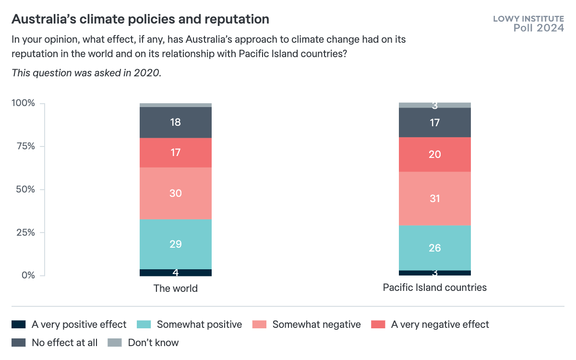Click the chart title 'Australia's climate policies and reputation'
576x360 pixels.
pyautogui.click(x=140, y=19)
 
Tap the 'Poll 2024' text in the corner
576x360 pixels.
pyautogui.click(x=539, y=28)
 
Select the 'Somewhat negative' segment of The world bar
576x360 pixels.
pyautogui.click(x=176, y=193)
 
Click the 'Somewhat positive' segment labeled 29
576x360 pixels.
pyautogui.click(x=176, y=244)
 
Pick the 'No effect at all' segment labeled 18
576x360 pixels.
pyautogui.click(x=176, y=122)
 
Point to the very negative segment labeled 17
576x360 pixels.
pyautogui.click(x=176, y=153)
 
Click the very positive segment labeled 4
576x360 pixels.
pyautogui.click(x=176, y=273)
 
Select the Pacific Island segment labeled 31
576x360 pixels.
pyautogui.click(x=435, y=198)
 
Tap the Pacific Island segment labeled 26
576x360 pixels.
pyautogui.click(x=435, y=248)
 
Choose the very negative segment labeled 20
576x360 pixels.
pyautogui.click(x=435, y=155)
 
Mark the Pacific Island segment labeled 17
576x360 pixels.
pyautogui.click(x=435, y=122)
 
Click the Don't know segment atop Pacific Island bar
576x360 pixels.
pyautogui.click(x=435, y=105)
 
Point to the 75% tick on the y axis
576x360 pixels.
pyautogui.click(x=24, y=146)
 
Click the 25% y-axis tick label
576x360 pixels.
pyautogui.click(x=24, y=233)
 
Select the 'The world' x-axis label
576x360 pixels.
pyautogui.click(x=176, y=288)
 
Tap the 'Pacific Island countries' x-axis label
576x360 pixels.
pyautogui.click(x=435, y=288)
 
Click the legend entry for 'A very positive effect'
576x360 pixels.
pyautogui.click(x=79, y=324)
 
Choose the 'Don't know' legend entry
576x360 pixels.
pyautogui.click(x=153, y=343)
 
